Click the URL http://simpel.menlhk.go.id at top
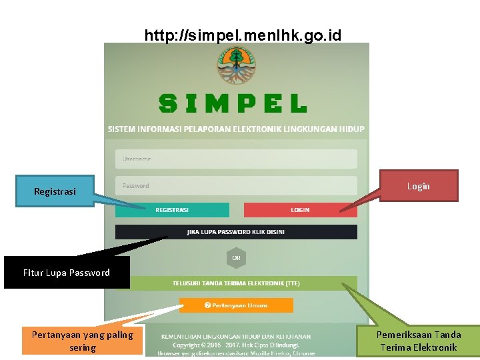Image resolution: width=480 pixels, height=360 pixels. (243, 35)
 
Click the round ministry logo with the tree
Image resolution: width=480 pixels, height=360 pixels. (235, 66)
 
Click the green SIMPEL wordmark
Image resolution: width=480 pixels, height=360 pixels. (233, 103)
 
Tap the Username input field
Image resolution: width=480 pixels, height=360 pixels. (236, 159)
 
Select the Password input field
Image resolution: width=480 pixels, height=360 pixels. (236, 186)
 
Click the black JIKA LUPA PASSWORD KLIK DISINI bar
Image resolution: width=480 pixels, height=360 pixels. (236, 232)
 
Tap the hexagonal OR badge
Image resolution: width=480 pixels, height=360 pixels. (236, 258)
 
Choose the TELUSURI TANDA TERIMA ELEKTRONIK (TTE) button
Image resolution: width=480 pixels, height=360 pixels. (236, 283)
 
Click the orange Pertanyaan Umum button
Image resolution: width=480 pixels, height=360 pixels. (236, 305)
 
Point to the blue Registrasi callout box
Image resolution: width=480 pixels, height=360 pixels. (55, 191)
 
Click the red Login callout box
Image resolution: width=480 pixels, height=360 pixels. (418, 186)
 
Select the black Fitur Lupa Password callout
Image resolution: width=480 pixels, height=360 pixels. (67, 273)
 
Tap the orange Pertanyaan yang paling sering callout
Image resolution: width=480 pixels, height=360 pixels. (83, 341)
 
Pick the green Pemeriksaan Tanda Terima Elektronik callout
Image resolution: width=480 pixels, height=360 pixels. (418, 341)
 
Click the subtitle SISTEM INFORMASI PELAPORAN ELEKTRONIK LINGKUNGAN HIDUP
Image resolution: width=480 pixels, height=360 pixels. (236, 129)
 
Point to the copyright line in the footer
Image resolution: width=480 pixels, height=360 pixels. (236, 345)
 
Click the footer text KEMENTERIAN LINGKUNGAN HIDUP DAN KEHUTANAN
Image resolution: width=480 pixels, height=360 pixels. (236, 337)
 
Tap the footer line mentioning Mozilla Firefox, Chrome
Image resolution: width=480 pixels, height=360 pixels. (236, 353)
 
